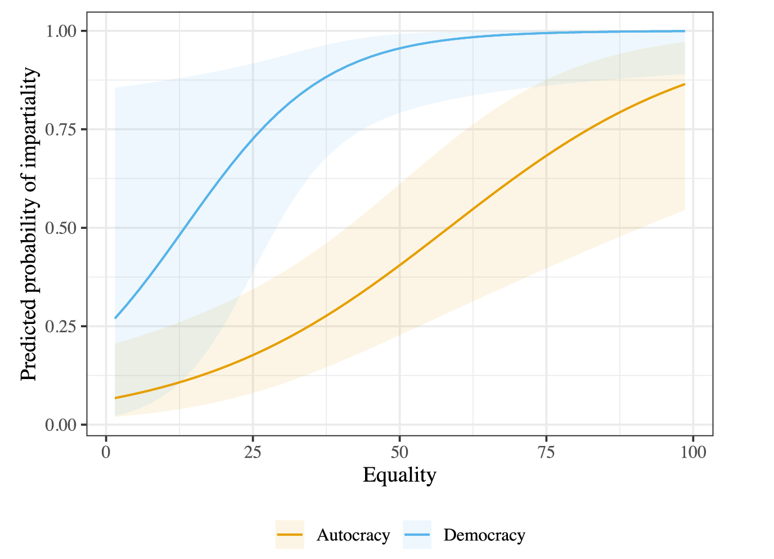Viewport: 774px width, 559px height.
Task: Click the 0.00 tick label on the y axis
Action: pos(61,425)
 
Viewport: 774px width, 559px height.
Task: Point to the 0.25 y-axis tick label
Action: pos(61,326)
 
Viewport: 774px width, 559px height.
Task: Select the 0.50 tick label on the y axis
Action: pos(61,228)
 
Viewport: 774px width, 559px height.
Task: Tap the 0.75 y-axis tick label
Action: pos(61,129)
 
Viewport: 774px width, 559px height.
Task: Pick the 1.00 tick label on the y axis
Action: pos(61,31)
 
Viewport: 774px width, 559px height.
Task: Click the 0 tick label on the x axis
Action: pos(106,453)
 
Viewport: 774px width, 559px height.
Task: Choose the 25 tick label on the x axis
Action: pos(253,453)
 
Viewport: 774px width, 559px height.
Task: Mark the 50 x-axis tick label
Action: pos(399,453)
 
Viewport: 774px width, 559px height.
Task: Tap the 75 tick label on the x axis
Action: pos(546,453)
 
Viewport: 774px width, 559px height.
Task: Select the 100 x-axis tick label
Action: pos(693,453)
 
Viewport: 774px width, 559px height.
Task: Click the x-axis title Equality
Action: pos(399,475)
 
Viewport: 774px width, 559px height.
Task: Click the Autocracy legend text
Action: pos(353,535)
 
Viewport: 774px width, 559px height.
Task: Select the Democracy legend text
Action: pos(484,535)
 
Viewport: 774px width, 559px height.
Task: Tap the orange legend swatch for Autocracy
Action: pos(290,534)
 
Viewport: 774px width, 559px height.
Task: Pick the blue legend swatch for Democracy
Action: pos(417,534)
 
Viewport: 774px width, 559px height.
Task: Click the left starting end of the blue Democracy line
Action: pos(115,318)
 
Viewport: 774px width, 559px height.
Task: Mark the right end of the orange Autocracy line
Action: pos(685,84)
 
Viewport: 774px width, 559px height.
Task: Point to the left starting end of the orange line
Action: pos(115,398)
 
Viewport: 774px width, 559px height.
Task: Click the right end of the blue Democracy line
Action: pos(685,31)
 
